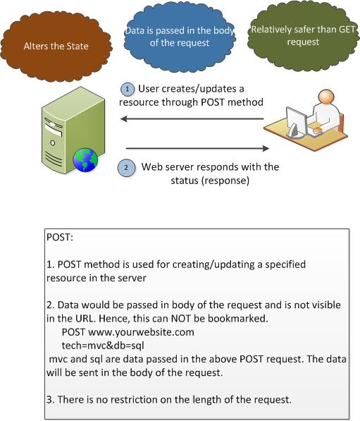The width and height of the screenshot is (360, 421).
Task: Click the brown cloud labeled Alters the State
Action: [x=56, y=46]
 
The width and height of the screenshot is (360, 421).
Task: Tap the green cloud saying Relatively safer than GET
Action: [x=303, y=36]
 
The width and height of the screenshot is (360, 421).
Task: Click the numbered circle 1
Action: [x=127, y=89]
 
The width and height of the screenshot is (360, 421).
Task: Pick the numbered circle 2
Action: [x=126, y=168]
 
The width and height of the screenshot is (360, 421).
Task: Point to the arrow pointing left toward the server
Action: [x=192, y=118]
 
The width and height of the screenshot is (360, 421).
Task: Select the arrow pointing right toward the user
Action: [x=197, y=148]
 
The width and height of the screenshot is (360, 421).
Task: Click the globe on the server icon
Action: [x=85, y=160]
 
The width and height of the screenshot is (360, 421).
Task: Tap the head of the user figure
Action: [x=326, y=97]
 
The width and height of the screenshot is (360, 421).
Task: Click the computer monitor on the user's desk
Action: [x=296, y=122]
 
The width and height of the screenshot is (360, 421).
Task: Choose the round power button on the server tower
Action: [x=53, y=143]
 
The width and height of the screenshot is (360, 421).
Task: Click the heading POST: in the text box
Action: [x=60, y=238]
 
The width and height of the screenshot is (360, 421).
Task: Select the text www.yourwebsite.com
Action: [x=141, y=332]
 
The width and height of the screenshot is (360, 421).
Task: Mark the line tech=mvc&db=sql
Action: [x=103, y=346]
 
